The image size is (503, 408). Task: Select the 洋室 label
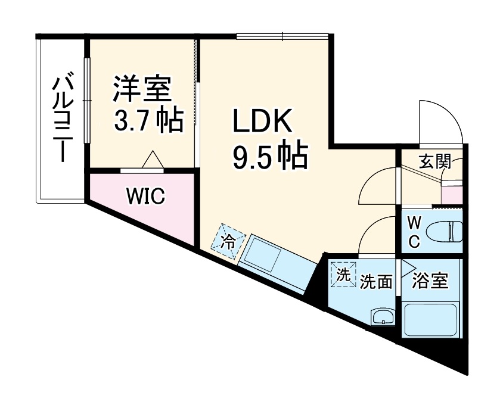(x=143, y=89)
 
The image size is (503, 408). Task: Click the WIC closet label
(x=145, y=196)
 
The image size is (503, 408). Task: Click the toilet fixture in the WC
(x=446, y=231)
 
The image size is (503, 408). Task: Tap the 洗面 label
(x=376, y=282)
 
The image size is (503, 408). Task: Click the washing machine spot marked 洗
(x=343, y=275)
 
